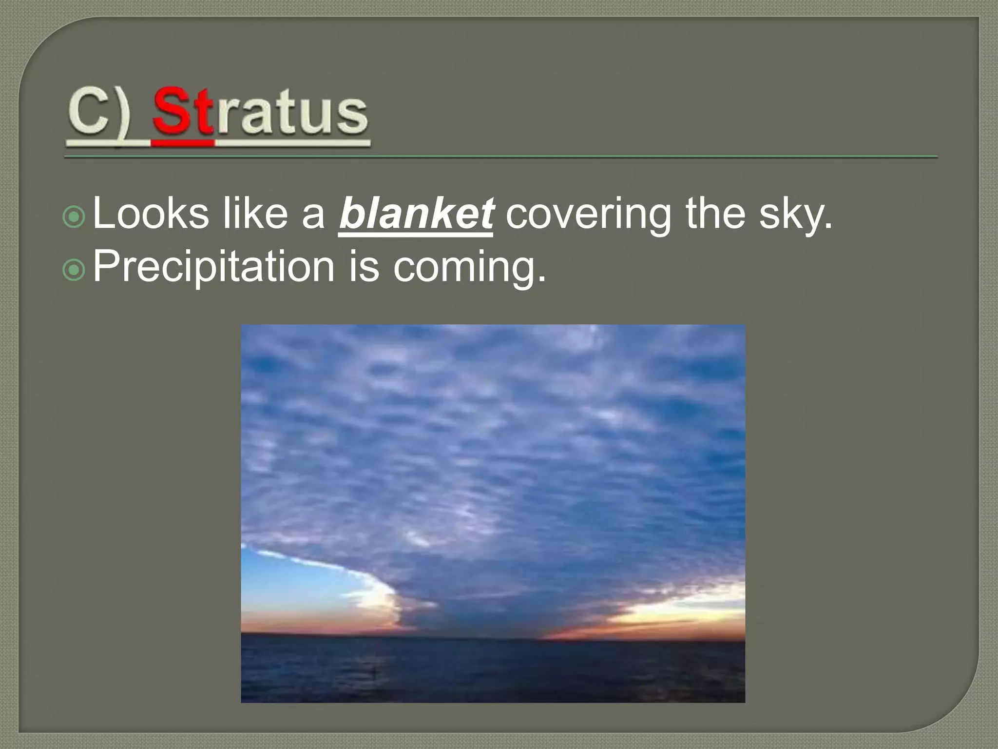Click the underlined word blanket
[x=416, y=214]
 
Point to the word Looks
[x=151, y=214]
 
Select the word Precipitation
[x=213, y=267]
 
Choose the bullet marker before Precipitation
[x=74, y=270]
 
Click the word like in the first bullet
[x=255, y=214]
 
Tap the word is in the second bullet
[x=364, y=267]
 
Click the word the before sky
[x=715, y=214]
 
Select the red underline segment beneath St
[x=183, y=143]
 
